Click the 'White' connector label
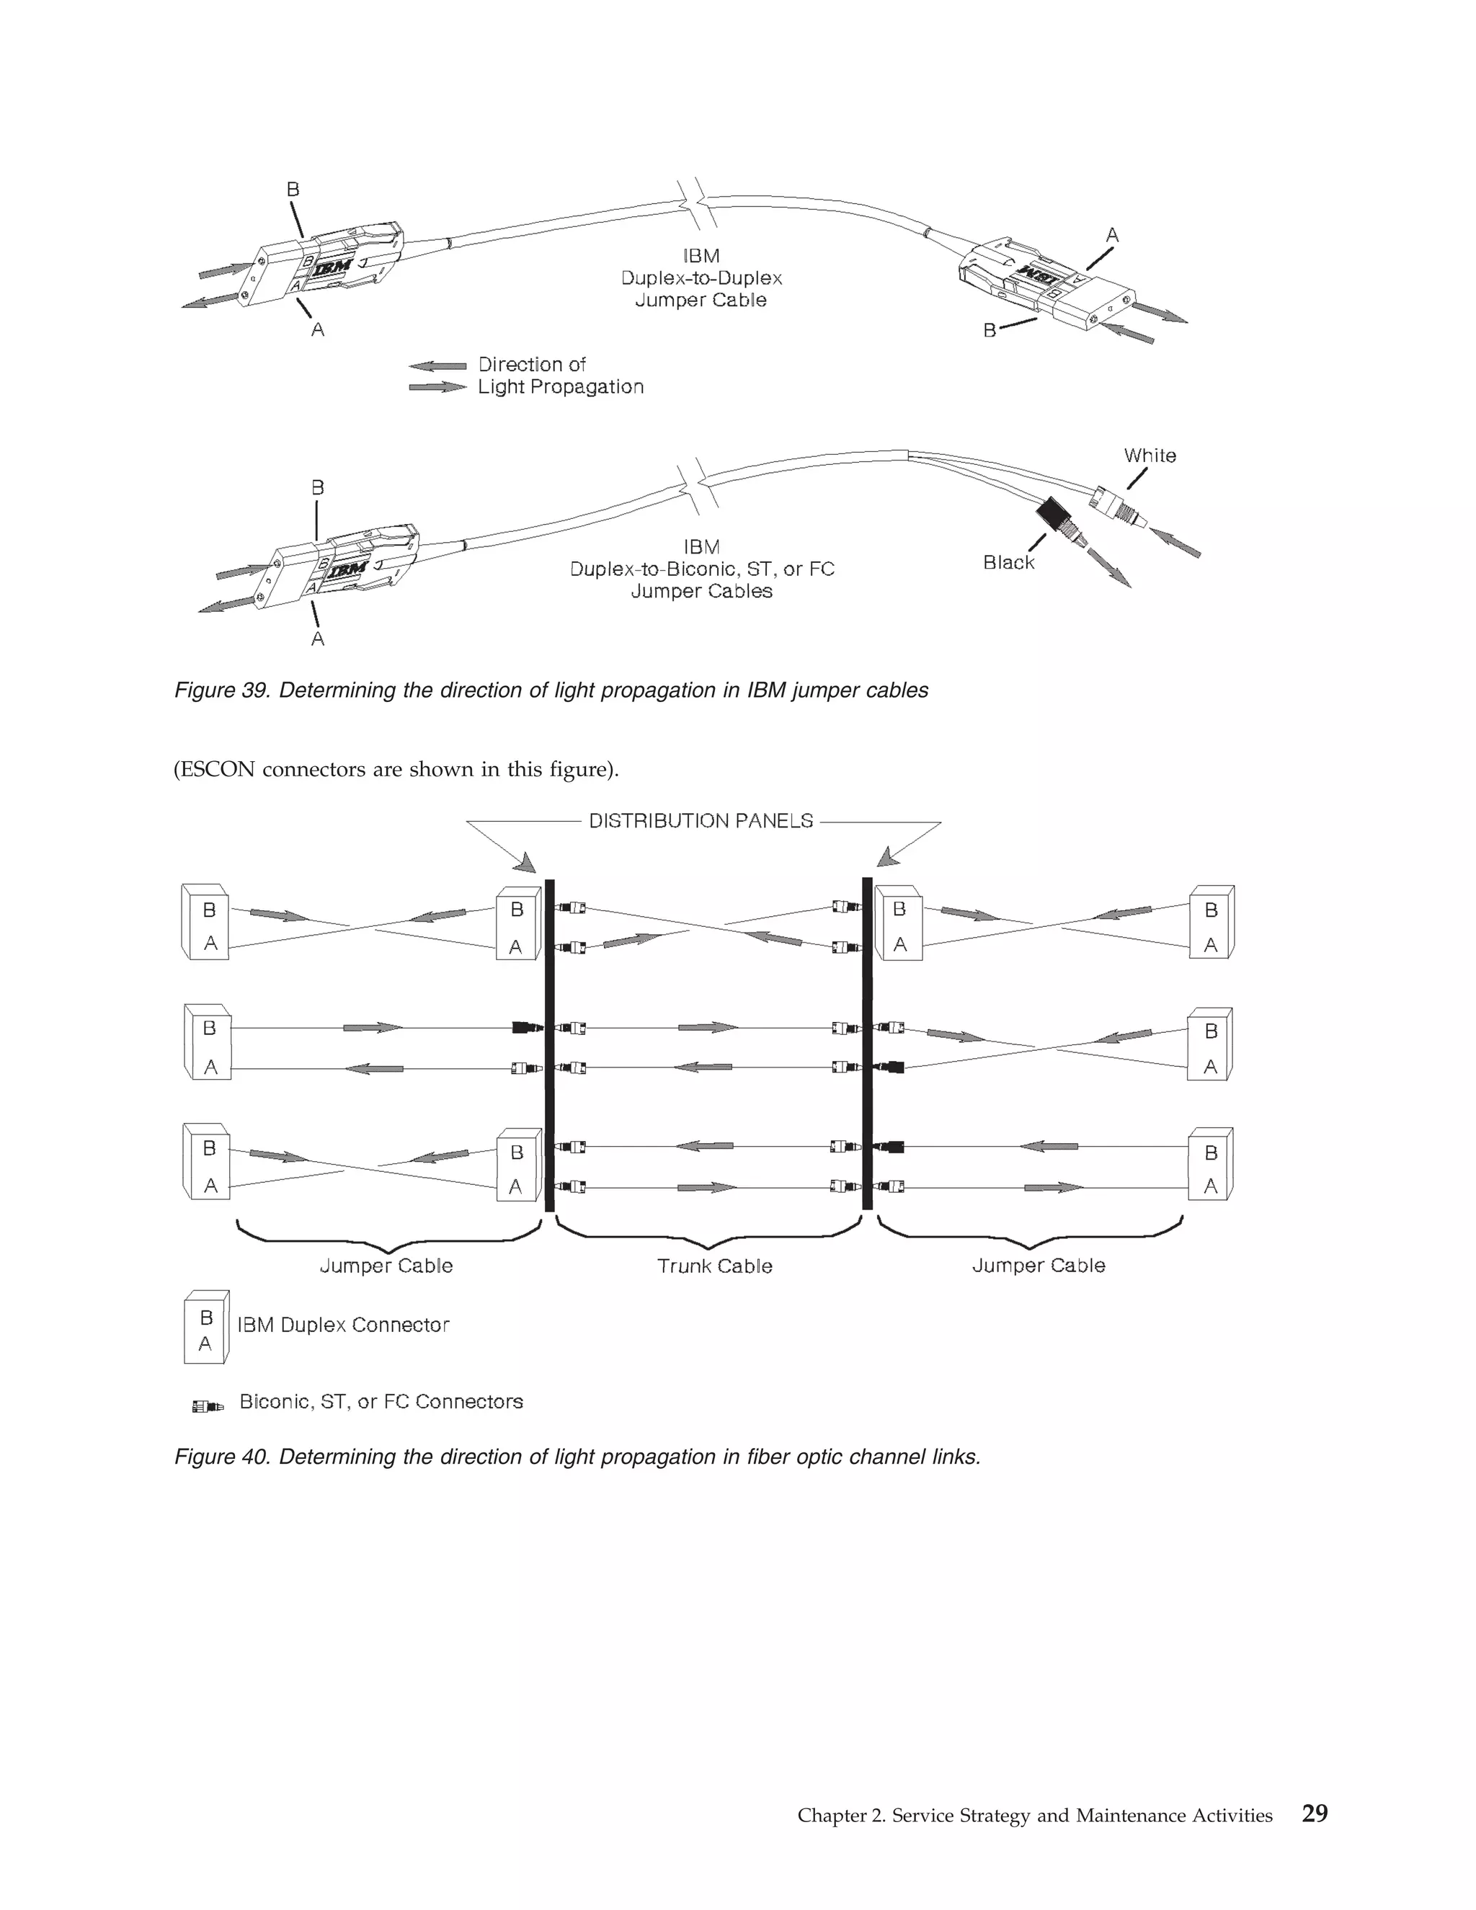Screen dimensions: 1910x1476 (1149, 456)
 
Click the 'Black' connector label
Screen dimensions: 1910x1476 (1008, 562)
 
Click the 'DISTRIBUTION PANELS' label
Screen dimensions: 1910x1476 (701, 821)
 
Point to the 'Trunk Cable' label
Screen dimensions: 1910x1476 (714, 1266)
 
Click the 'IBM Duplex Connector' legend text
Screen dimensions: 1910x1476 (343, 1325)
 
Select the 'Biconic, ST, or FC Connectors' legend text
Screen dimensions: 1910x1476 (381, 1402)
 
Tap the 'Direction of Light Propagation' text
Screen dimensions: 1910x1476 (559, 376)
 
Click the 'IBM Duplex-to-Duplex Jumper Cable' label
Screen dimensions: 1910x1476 (701, 278)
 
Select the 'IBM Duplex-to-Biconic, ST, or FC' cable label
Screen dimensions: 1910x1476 (701, 569)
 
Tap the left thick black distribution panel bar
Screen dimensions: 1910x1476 (549, 1045)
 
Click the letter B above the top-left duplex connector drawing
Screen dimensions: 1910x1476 (293, 190)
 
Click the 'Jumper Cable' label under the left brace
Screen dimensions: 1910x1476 (386, 1266)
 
